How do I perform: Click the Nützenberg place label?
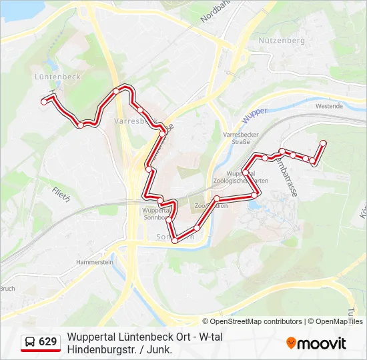tap(281, 41)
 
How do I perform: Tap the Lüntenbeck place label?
tap(57, 77)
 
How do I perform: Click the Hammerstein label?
tap(94, 263)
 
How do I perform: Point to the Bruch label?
tap(7, 289)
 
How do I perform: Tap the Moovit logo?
tap(316, 343)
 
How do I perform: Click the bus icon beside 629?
tap(30, 343)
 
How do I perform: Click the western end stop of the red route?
tap(44, 102)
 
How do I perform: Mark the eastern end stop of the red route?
tap(323, 143)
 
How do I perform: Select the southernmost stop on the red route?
tap(175, 241)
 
